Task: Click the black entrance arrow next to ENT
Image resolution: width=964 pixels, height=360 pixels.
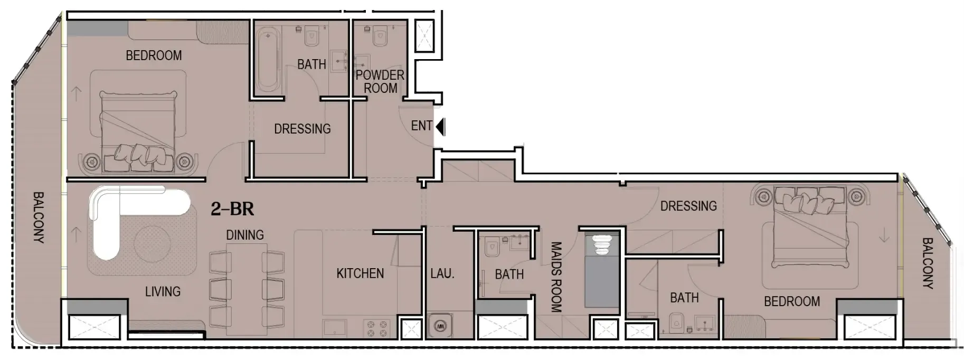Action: (441, 127)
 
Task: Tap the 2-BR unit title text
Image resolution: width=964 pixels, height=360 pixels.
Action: (232, 209)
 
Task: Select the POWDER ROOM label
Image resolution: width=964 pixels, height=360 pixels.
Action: (380, 82)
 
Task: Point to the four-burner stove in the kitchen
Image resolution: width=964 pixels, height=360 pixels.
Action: (376, 328)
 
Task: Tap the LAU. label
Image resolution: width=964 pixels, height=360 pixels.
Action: (442, 273)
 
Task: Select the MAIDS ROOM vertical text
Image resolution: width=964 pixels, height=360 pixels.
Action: (556, 277)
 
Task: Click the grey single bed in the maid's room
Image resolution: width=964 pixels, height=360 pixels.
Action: (601, 280)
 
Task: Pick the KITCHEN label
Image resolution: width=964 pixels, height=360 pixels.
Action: (360, 273)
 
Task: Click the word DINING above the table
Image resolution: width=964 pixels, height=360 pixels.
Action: (244, 235)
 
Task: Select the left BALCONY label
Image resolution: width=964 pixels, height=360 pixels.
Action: (38, 217)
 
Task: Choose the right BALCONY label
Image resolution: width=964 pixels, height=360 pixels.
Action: (927, 263)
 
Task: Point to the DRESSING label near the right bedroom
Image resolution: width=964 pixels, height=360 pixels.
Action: (688, 206)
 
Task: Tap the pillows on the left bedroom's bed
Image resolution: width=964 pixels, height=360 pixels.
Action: (140, 154)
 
